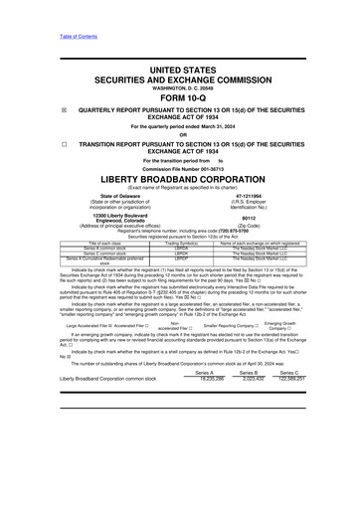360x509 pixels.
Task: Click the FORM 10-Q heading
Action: point(180,97)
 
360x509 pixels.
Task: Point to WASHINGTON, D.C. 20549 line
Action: point(180,86)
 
